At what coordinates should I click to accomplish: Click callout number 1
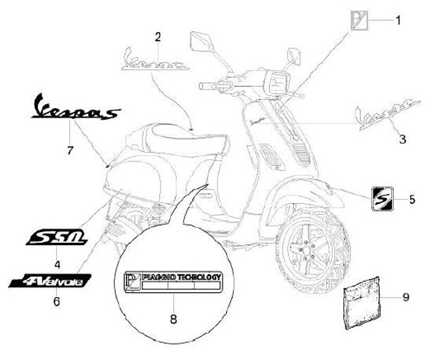click(398, 20)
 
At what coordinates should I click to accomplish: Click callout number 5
click(412, 198)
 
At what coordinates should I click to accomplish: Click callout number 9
click(406, 297)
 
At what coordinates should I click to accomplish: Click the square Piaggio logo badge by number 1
click(360, 21)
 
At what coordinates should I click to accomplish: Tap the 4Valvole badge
click(51, 281)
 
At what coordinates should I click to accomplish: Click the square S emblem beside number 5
click(382, 198)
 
